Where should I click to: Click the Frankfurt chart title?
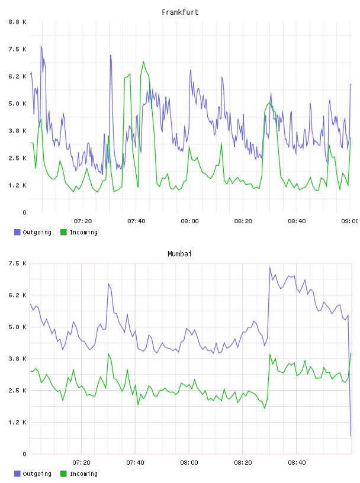[x=180, y=12]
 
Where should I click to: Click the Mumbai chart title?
[x=179, y=254]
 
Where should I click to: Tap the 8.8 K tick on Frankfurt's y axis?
[x=18, y=22]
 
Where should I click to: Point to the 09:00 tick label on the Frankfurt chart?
[x=349, y=221]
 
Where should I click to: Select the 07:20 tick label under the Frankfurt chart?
[x=83, y=221]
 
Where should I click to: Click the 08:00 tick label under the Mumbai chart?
[x=189, y=463]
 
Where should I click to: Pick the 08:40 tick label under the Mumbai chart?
[x=297, y=463]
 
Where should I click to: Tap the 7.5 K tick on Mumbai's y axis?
[x=18, y=263]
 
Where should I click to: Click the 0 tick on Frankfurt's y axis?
[x=25, y=212]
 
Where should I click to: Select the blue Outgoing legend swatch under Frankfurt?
[x=17, y=232]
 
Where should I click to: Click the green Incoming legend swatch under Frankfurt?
[x=63, y=232]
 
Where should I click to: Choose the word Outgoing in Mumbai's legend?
[x=37, y=474]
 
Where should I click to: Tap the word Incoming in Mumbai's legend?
[x=83, y=474]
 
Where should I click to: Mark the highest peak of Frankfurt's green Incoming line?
[x=144, y=62]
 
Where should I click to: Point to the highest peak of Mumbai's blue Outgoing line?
[x=269, y=267]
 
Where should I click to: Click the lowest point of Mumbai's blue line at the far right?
[x=351, y=436]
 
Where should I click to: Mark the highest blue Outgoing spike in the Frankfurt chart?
[x=41, y=46]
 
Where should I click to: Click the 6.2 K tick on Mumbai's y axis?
[x=18, y=295]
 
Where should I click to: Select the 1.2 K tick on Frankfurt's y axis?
[x=18, y=185]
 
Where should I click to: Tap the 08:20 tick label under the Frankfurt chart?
[x=243, y=221]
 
